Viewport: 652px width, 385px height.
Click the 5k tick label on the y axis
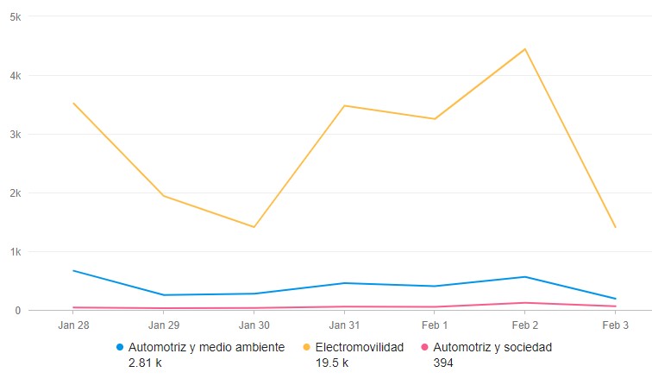point(16,17)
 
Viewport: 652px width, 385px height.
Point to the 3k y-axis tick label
point(16,135)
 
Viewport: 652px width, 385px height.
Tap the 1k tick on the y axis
point(16,252)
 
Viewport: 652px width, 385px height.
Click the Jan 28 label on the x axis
point(73,325)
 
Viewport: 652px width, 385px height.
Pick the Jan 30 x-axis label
point(254,325)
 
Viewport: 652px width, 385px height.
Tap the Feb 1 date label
point(435,325)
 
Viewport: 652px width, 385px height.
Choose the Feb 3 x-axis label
point(615,325)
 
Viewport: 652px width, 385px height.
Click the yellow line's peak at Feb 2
point(524,49)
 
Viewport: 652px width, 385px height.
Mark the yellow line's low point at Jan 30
point(254,227)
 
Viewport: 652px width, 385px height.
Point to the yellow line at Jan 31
point(344,105)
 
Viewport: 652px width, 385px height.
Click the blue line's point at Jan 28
point(73,271)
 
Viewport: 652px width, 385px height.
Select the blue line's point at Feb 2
point(524,277)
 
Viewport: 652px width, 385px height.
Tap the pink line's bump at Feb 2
point(524,303)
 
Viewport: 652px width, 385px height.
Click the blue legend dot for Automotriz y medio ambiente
point(120,348)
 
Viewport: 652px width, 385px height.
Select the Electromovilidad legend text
point(359,348)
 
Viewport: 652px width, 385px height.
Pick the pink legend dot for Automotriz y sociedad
point(424,348)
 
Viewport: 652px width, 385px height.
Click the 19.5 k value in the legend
point(331,363)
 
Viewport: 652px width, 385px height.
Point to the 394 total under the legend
point(442,363)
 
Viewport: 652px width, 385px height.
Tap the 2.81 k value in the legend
point(144,363)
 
